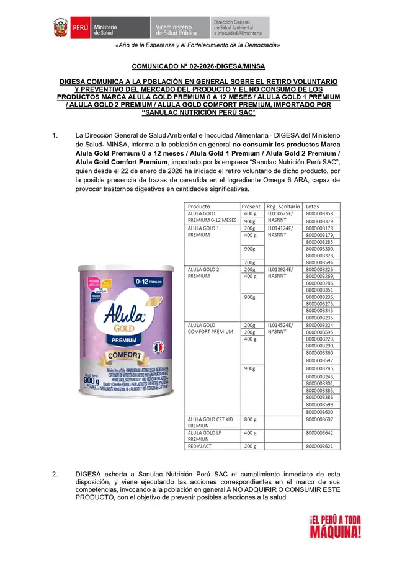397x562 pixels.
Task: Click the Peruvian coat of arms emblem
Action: click(x=60, y=28)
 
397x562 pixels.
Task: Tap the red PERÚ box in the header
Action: click(x=79, y=28)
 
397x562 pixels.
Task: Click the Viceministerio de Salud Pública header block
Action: click(x=179, y=28)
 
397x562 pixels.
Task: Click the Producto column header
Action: click(x=199, y=206)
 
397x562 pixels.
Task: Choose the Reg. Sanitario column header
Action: click(x=283, y=206)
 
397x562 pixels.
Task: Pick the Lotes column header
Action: click(x=313, y=206)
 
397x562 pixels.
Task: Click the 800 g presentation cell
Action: click(x=251, y=419)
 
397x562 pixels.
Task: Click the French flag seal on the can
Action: click(x=158, y=346)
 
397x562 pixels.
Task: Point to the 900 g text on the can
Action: click(x=86, y=381)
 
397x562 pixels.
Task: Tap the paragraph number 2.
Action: click(x=55, y=475)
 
